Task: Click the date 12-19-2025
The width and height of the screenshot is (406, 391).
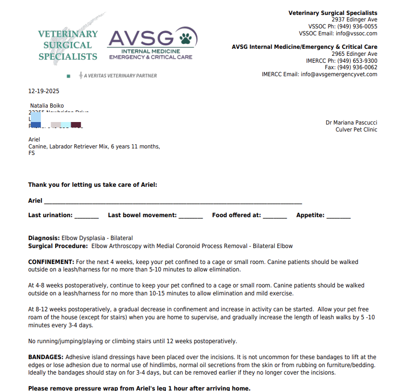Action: pyautogui.click(x=44, y=91)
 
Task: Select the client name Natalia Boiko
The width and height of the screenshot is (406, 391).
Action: pyautogui.click(x=47, y=106)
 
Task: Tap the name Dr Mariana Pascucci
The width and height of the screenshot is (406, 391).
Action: pyautogui.click(x=351, y=123)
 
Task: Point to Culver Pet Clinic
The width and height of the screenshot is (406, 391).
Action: pyautogui.click(x=356, y=130)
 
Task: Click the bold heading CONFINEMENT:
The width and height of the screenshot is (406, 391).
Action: pyautogui.click(x=51, y=262)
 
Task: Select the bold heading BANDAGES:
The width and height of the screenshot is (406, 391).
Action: pyautogui.click(x=46, y=357)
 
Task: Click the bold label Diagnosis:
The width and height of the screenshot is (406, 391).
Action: pyautogui.click(x=44, y=238)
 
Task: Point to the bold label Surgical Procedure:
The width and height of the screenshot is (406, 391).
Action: pyautogui.click(x=58, y=246)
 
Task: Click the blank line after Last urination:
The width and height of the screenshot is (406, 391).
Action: pyautogui.click(x=87, y=217)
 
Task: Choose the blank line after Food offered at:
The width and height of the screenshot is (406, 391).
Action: pyautogui.click(x=275, y=217)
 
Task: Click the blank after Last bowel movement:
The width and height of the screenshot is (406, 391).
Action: pyautogui.click(x=191, y=217)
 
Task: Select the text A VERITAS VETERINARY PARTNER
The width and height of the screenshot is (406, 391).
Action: pyautogui.click(x=121, y=76)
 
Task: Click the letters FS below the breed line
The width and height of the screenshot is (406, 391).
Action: pyautogui.click(x=32, y=153)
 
